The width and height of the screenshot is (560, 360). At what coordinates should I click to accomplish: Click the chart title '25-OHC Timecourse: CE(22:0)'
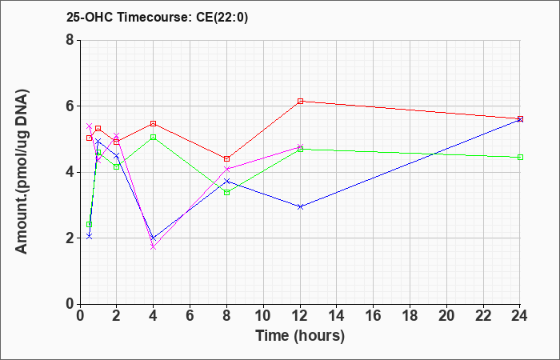pos(157,17)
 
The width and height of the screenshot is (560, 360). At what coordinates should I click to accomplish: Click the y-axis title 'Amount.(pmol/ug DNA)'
pos(22,171)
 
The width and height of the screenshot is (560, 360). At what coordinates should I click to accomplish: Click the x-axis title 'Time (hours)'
pos(300,336)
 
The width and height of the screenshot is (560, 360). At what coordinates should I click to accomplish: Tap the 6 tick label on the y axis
pos(70,106)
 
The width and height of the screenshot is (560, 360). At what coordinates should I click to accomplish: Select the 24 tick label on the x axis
pos(519,316)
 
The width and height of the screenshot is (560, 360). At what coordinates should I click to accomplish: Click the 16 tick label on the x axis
pos(373,316)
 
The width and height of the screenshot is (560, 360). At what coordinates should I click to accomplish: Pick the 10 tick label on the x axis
pos(263,316)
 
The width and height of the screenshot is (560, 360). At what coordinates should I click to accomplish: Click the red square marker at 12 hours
pos(300,101)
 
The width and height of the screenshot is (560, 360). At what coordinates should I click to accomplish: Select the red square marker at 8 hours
pos(226,158)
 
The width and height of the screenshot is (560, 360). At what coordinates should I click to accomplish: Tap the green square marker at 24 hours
pos(520,157)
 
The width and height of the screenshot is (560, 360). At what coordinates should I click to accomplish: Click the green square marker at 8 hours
pos(226,193)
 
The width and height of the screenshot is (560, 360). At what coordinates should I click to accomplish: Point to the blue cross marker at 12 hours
pos(300,206)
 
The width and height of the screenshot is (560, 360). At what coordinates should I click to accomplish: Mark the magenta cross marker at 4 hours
pos(154,246)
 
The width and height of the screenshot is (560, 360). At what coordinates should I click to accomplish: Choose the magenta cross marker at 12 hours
pos(300,146)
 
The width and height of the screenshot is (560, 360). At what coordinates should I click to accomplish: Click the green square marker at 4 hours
pos(154,137)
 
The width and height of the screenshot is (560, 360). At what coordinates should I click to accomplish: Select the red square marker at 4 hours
pos(154,123)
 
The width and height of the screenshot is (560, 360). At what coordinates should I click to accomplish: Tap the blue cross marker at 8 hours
pos(226,181)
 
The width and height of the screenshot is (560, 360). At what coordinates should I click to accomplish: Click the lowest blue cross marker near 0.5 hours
pos(90,236)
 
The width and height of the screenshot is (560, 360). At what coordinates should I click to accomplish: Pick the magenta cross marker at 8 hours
pos(226,169)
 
